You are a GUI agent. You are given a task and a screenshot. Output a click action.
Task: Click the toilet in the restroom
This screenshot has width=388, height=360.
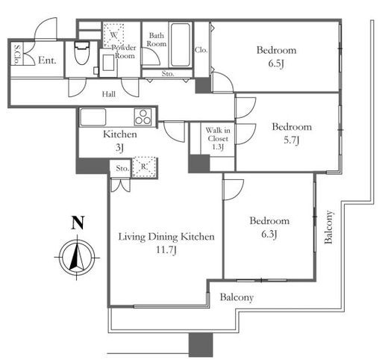coord(82,53)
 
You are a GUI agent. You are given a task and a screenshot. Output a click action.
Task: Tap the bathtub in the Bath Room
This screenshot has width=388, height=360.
coord(181,45)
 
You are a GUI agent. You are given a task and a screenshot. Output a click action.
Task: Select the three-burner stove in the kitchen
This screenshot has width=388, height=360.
coord(143,117)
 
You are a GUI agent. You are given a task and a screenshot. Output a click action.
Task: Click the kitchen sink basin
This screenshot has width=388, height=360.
coord(93,117)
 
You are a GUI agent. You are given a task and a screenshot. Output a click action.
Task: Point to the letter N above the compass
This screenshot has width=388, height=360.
coord(78,223)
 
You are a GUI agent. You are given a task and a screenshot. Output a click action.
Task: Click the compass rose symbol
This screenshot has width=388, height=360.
coord(78,258)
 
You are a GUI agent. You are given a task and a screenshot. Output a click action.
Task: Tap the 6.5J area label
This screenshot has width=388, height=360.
coord(276,64)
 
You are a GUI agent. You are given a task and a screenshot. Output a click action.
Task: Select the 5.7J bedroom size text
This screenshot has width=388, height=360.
coord(291,140)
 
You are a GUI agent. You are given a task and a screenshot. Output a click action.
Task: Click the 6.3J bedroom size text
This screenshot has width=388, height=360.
coord(269,235)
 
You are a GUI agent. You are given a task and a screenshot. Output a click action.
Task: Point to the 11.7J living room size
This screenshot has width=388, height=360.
coord(166,249)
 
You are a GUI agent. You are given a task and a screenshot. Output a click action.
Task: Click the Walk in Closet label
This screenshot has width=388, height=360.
coord(218,134)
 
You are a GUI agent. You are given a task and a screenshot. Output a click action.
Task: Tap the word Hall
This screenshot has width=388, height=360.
coord(109,94)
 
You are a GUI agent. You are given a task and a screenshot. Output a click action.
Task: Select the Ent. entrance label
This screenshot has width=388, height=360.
coord(47,60)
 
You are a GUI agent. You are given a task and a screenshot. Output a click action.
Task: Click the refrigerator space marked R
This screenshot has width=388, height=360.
coord(144,167)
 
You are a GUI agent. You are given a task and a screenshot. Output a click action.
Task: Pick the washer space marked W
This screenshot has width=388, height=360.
coord(113,35)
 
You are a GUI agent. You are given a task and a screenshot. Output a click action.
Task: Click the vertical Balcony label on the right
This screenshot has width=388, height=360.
coord(328,227)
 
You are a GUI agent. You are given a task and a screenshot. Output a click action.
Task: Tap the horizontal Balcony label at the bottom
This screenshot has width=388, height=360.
coord(237,297)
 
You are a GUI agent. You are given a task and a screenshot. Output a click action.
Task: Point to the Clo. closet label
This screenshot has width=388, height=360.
coord(201,50)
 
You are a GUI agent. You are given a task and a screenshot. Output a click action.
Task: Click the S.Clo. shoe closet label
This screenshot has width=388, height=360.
coord(17,55)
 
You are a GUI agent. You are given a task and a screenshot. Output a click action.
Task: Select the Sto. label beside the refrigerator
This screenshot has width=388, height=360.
coord(122,169)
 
